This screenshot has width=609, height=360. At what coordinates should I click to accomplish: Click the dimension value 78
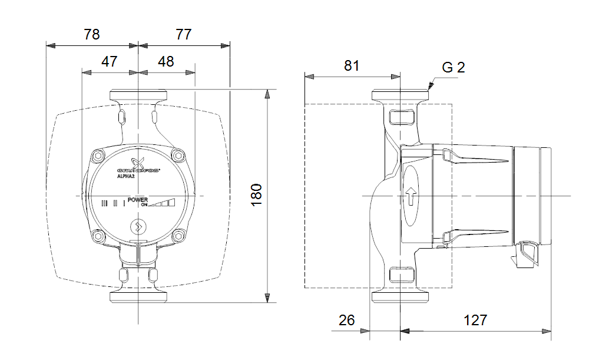[92, 34]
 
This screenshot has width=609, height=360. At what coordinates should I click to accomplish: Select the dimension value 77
[184, 34]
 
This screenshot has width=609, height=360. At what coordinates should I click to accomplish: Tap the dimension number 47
[110, 61]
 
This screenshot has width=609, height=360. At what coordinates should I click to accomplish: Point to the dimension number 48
[166, 61]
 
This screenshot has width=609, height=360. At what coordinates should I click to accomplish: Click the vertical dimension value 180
[256, 195]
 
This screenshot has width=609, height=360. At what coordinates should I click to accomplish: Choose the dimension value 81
[352, 65]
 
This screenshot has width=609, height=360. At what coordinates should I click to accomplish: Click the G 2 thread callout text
[454, 67]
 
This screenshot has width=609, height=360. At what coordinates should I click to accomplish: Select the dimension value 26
[347, 320]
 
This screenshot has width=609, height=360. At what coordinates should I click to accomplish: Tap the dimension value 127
[475, 320]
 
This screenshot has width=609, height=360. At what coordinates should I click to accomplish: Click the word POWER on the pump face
[138, 200]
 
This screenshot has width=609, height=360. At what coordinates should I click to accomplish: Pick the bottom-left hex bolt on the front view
[98, 236]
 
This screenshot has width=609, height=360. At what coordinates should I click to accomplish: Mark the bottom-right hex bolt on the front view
[178, 236]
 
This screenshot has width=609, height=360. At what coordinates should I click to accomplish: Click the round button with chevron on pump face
[138, 226]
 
